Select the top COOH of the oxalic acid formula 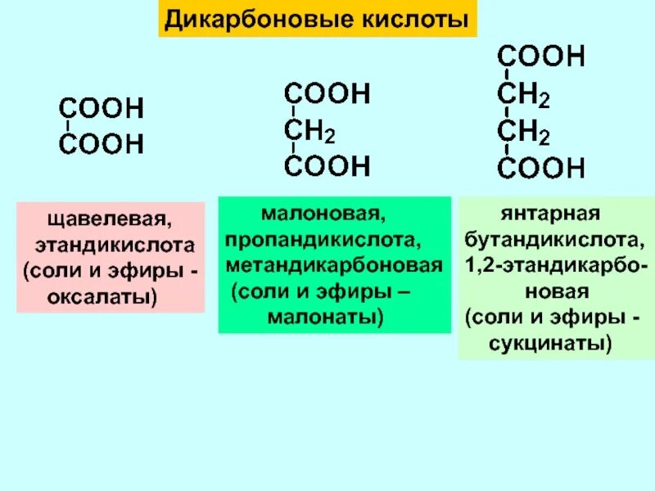point(101,109)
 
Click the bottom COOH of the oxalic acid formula point(101,146)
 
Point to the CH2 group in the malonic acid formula point(309,131)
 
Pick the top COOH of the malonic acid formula point(327,94)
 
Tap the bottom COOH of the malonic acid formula point(327,167)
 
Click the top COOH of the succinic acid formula point(541,57)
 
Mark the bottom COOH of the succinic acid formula point(541,169)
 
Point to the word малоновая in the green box point(323,216)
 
